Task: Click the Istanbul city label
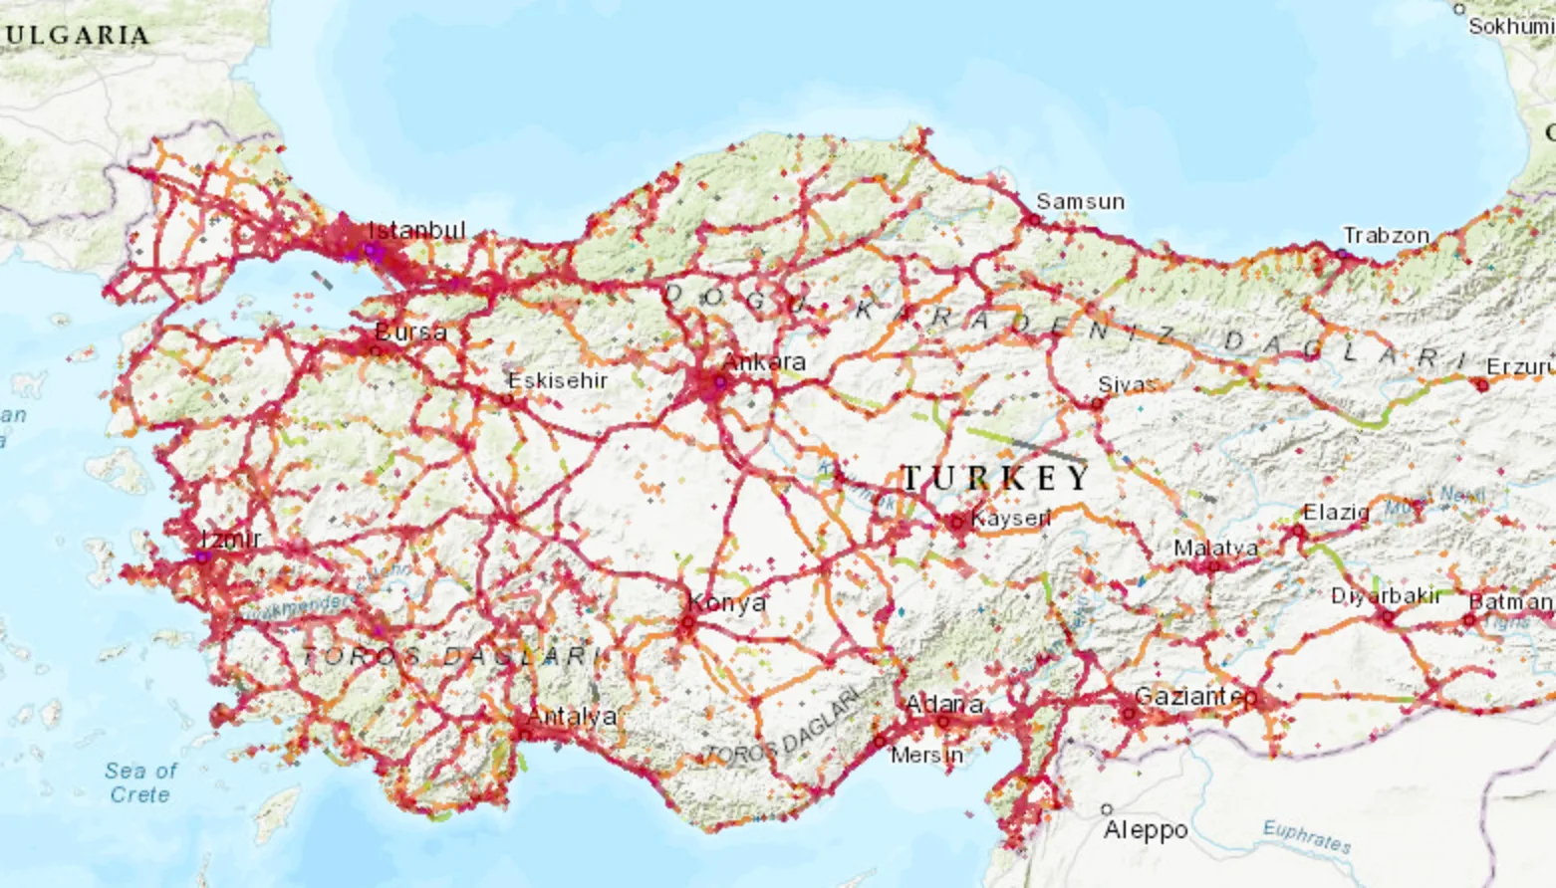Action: [416, 230]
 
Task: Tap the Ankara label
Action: [764, 361]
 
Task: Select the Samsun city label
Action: [1080, 201]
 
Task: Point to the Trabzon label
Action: [1386, 236]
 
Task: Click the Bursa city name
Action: [410, 332]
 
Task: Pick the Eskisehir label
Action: [557, 380]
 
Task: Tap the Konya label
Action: [726, 603]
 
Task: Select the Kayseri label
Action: [1010, 519]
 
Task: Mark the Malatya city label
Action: [1215, 548]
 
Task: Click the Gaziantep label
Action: [1195, 696]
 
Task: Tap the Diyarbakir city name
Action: [1386, 595]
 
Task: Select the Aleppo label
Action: [1146, 829]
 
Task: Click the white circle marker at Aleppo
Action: [1107, 809]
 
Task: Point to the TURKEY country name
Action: [995, 478]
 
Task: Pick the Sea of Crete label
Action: [140, 782]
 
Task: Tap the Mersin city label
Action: [926, 755]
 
